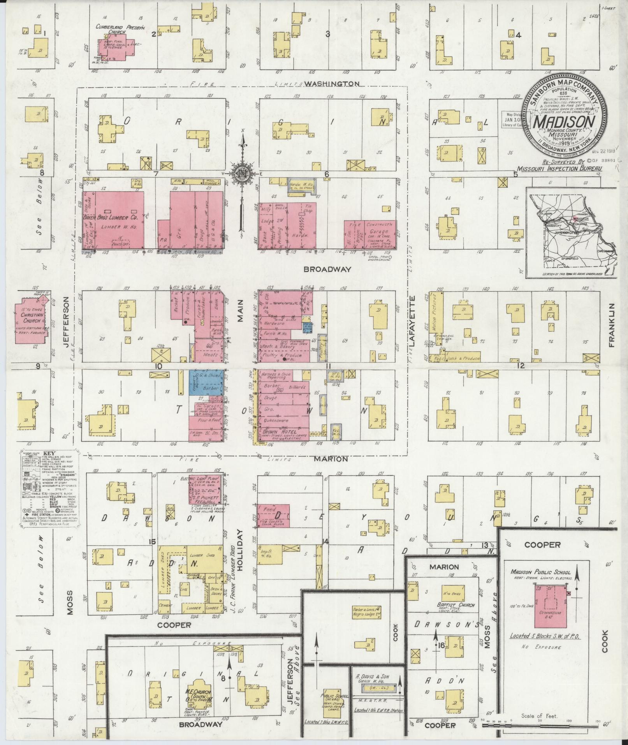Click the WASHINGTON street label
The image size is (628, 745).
click(x=332, y=83)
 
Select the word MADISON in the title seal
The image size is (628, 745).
click(x=564, y=121)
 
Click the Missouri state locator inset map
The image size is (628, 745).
click(x=571, y=233)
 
